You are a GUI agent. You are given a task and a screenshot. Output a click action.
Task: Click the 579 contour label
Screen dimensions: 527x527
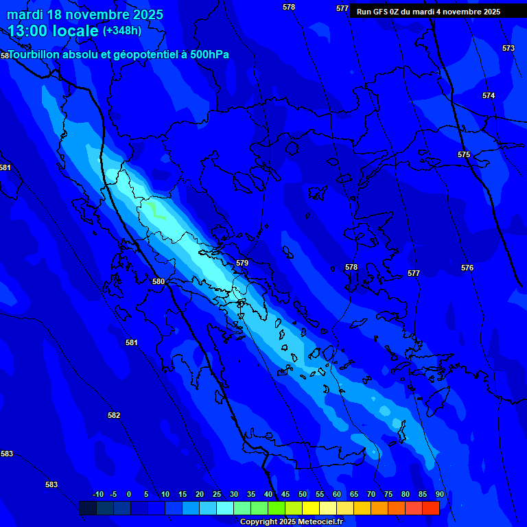pyautogui.click(x=242, y=263)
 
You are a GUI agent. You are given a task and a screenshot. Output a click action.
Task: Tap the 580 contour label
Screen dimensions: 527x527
pyautogui.click(x=159, y=281)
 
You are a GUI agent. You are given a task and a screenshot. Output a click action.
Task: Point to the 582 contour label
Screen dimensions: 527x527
pyautogui.click(x=114, y=415)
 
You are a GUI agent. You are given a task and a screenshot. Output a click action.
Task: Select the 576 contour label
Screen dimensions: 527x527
pyautogui.click(x=467, y=268)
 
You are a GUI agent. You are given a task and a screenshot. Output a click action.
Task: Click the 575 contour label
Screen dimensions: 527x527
pyautogui.click(x=464, y=154)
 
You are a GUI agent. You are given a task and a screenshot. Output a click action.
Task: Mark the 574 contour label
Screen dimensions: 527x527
pyautogui.click(x=489, y=95)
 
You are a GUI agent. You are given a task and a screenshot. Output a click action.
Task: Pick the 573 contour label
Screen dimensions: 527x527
pyautogui.click(x=508, y=48)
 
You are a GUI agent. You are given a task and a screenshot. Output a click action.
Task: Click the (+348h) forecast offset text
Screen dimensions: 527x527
pyautogui.click(x=122, y=30)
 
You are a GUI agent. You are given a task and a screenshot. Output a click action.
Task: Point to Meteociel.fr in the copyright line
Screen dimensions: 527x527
pyautogui.click(x=320, y=522)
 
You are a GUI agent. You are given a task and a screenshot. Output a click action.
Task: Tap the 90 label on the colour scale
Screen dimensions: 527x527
pyautogui.click(x=439, y=494)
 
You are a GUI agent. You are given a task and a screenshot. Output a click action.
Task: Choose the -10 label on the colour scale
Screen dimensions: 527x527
pyautogui.click(x=97, y=494)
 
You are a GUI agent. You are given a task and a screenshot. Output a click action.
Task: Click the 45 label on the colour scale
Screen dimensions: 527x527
pyautogui.click(x=285, y=494)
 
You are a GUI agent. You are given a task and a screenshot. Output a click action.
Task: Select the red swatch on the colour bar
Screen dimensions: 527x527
pyautogui.click(x=430, y=508)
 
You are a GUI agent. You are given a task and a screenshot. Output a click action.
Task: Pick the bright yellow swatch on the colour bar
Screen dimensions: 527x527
pyautogui.click(x=310, y=508)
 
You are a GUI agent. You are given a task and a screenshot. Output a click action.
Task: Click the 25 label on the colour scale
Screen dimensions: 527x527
pyautogui.click(x=216, y=494)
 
